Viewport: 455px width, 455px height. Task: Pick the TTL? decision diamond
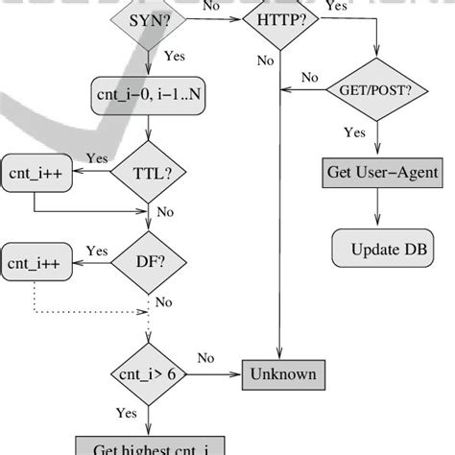coord(147,173)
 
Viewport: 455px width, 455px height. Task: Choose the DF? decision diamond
coord(147,260)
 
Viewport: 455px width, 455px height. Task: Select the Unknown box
coord(283,371)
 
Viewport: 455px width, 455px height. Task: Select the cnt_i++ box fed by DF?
coord(36,262)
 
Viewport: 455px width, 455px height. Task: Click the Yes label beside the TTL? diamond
coord(97,158)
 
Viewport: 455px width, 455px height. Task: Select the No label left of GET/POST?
coord(310,77)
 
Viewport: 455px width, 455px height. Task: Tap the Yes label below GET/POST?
coord(353,133)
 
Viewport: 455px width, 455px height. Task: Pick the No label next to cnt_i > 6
coord(205,358)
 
